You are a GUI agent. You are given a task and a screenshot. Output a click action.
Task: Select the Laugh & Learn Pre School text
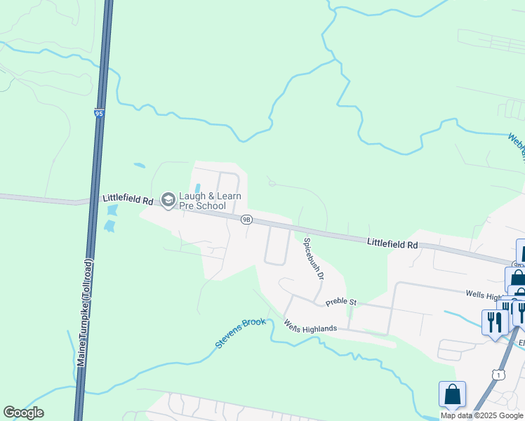(x=202, y=201)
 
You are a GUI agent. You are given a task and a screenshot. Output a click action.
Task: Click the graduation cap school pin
(x=168, y=201)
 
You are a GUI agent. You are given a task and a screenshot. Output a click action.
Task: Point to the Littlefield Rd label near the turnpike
(x=128, y=201)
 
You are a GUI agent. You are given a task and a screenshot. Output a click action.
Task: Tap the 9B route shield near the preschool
(x=246, y=220)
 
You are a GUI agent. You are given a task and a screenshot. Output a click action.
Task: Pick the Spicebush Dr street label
(x=313, y=259)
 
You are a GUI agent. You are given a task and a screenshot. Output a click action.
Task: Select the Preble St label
(x=341, y=302)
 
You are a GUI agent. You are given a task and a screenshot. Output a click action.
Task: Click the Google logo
(x=23, y=413)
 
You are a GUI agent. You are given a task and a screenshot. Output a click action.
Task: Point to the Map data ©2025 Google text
(x=482, y=415)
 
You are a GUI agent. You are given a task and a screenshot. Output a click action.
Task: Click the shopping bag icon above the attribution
(x=452, y=394)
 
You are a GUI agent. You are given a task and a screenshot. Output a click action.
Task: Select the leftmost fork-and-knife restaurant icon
(x=494, y=321)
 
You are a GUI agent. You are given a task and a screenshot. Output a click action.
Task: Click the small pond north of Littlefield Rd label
(x=140, y=166)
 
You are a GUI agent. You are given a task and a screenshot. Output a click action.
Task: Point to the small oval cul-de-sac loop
(x=272, y=183)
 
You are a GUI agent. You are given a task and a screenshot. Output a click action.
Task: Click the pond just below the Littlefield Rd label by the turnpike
(x=109, y=226)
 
